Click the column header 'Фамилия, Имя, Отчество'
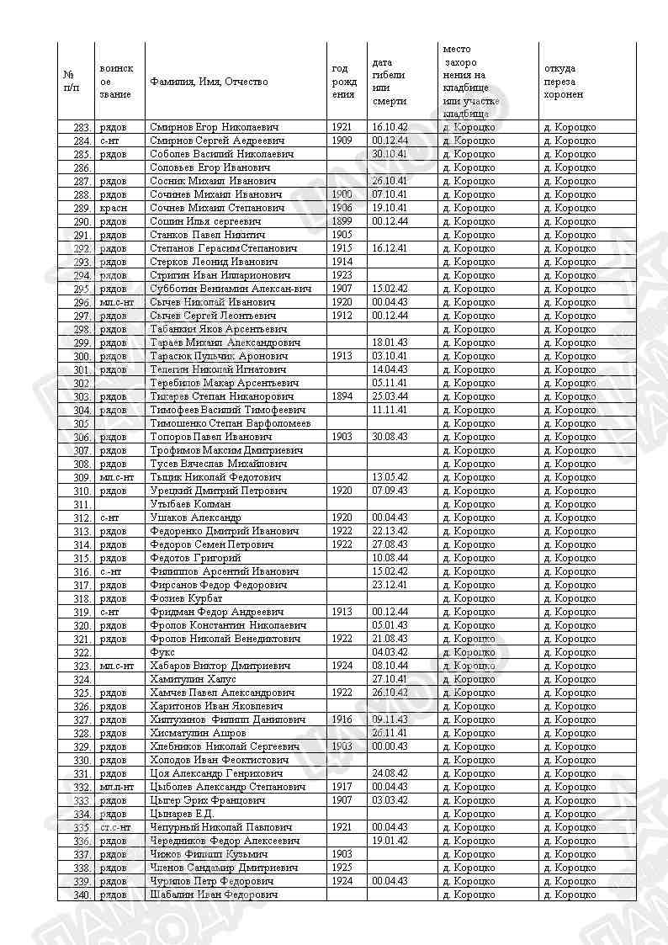209,82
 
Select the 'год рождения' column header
344,82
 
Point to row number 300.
82,356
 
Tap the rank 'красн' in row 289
113,208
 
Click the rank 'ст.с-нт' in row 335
115,827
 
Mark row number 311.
82,504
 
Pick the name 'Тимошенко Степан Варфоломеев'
230,423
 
